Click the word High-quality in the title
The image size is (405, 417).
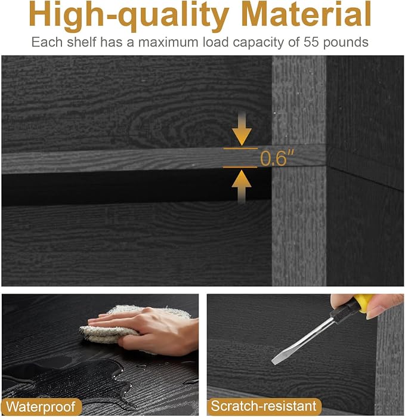pos(129,16)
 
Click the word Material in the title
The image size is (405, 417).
pos(307,14)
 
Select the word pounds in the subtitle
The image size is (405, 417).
pos(346,42)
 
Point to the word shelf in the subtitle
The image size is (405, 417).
pos(82,42)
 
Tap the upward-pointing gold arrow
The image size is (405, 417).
pos(242,187)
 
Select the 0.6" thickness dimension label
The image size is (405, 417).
pos(277,158)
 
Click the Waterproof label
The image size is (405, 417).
pos(41,407)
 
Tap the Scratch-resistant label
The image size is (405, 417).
pos(264,406)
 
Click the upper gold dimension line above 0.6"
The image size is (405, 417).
pos(240,149)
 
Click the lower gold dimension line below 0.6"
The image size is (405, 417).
pos(240,167)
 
